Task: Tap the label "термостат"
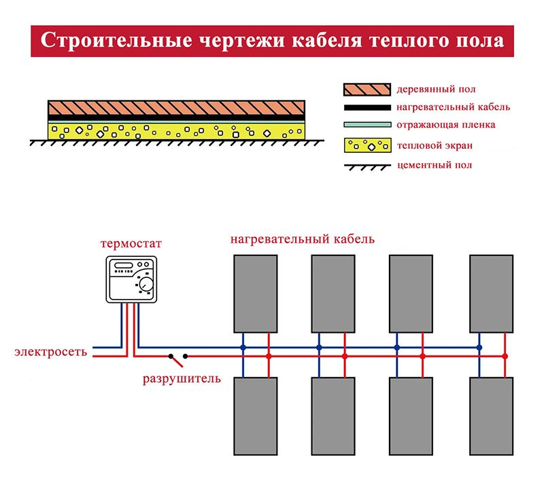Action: (x=131, y=244)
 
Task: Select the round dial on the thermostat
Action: (x=146, y=284)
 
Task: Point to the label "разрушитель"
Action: (x=182, y=378)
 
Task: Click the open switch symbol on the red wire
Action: (x=177, y=355)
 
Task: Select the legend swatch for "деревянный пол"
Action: (x=367, y=89)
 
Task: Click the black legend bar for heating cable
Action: (x=367, y=107)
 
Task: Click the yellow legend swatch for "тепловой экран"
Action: (x=367, y=145)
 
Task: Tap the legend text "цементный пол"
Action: (x=433, y=165)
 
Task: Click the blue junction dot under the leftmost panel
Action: (x=243, y=347)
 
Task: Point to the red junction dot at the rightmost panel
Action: (x=505, y=356)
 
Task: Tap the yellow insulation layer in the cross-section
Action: (x=177, y=129)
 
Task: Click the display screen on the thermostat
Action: (x=123, y=266)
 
